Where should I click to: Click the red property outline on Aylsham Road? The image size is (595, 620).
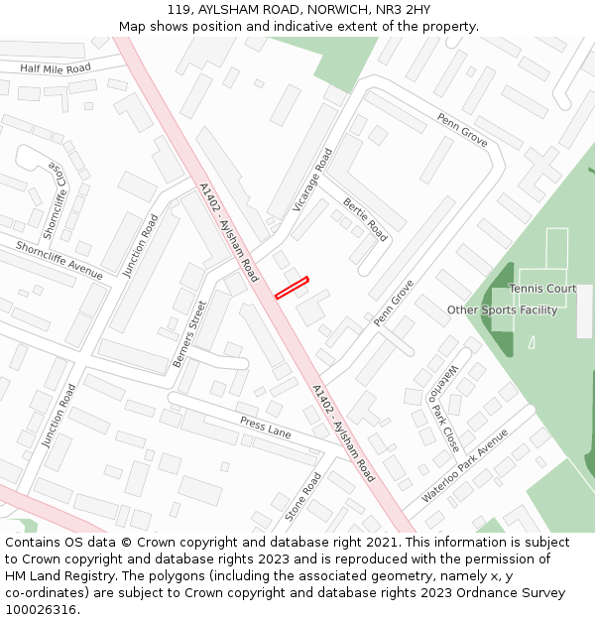pyautogui.click(x=292, y=287)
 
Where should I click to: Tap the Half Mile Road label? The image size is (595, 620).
pyautogui.click(x=56, y=67)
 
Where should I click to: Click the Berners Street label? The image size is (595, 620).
pyautogui.click(x=189, y=333)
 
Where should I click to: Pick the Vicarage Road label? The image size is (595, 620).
pyautogui.click(x=312, y=180)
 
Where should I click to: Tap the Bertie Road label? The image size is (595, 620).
pyautogui.click(x=365, y=219)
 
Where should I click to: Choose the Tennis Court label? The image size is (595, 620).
pyautogui.click(x=542, y=289)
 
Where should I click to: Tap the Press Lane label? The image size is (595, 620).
pyautogui.click(x=265, y=428)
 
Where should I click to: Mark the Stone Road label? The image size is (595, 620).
pyautogui.click(x=304, y=497)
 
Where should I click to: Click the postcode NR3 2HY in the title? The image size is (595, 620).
pyautogui.click(x=404, y=9)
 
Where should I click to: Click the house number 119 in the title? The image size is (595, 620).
pyautogui.click(x=178, y=9)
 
